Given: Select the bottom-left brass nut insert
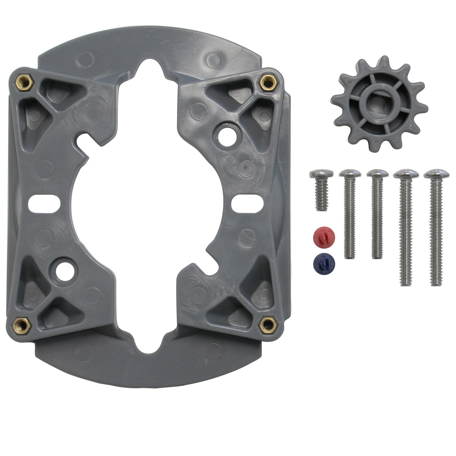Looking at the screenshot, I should [23, 326].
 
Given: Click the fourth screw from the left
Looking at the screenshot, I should [406, 228].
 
